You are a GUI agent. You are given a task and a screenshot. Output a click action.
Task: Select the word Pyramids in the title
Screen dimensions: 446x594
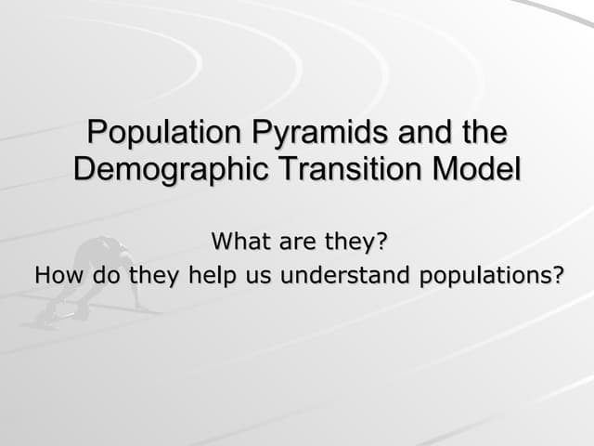coord(307,133)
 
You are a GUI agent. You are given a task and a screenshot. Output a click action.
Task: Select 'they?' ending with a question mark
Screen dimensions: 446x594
coord(354,243)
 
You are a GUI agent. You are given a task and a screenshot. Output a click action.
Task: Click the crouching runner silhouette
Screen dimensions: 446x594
coord(93,279)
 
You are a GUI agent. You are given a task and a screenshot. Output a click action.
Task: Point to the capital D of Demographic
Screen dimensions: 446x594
coord(84,169)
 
